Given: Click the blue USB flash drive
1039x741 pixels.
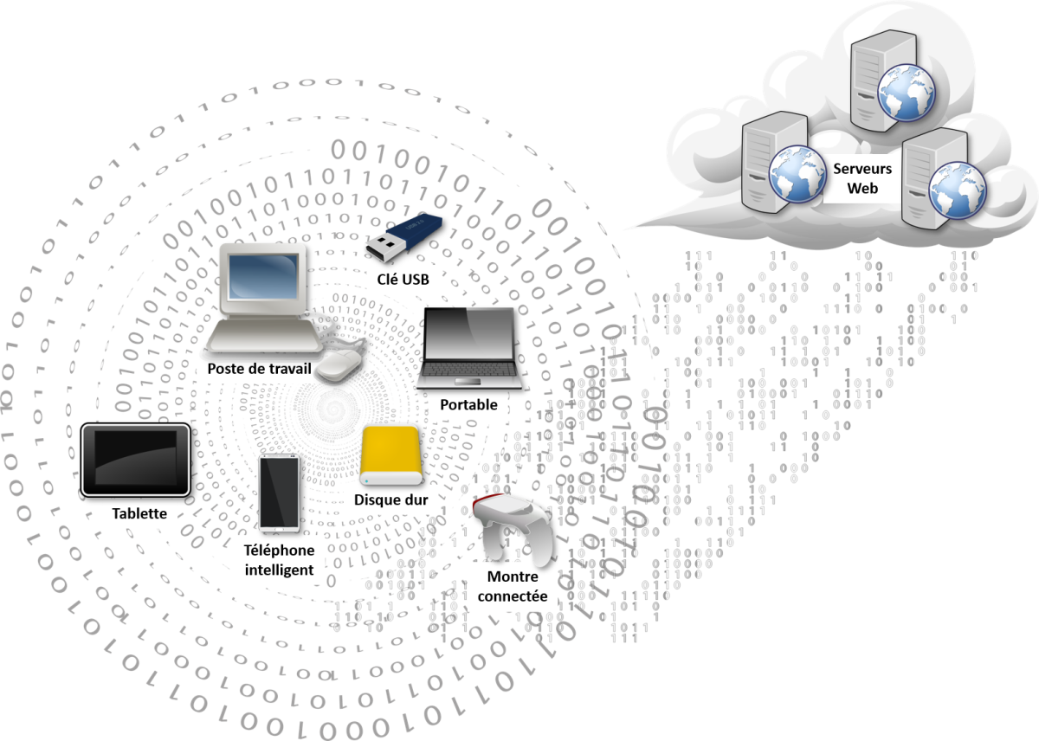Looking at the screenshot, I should tap(402, 235).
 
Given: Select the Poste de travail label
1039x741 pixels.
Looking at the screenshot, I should tap(259, 368).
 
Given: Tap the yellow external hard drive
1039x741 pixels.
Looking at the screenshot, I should tap(390, 455).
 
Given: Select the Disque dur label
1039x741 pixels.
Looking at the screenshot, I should tap(390, 500).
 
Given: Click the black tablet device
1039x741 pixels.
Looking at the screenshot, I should tap(136, 459).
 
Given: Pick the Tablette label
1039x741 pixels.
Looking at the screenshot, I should tap(139, 513).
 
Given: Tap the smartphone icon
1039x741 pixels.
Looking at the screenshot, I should tap(279, 492).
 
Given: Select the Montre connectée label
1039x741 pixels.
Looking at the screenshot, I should tap(513, 587).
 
